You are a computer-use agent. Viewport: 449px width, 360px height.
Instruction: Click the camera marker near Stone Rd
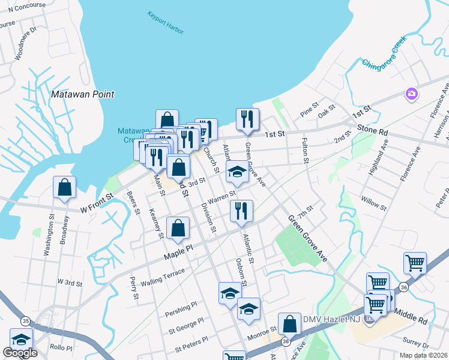coord(412,94)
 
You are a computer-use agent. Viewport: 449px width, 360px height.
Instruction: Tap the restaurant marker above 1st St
coord(247,119)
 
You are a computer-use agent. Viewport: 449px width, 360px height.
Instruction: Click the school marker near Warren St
coord(237,172)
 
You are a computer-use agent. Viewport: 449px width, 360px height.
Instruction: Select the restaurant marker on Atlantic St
coord(241,211)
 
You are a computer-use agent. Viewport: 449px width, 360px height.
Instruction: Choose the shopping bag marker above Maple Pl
coord(178,228)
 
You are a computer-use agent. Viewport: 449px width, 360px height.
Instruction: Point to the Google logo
coord(20,353)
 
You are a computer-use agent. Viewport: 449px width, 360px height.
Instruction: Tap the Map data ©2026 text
coord(423,355)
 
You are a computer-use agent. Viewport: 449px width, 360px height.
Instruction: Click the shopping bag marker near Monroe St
coord(289,324)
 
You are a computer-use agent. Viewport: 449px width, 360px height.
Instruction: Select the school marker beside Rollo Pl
coord(21,340)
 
